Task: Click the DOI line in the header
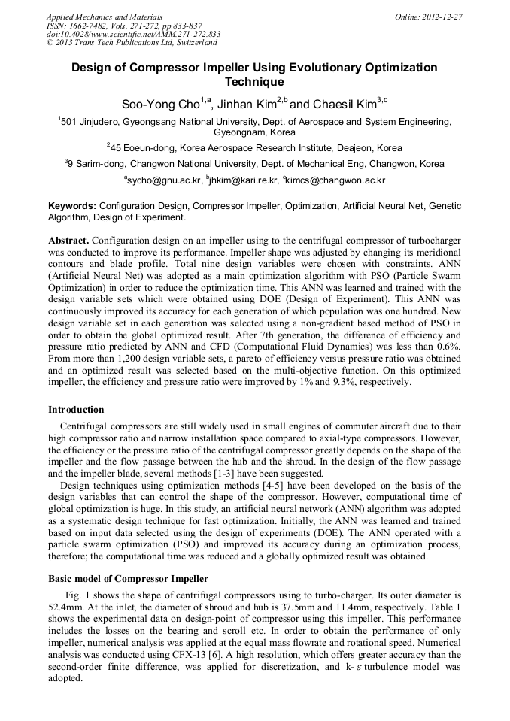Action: click(x=133, y=34)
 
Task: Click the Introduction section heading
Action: click(x=76, y=410)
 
